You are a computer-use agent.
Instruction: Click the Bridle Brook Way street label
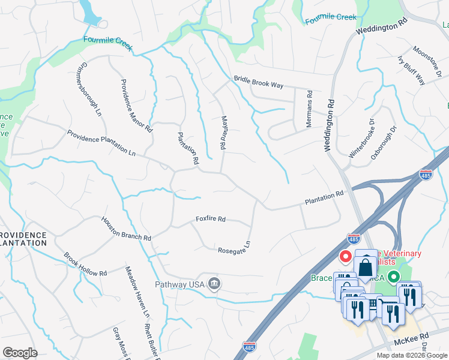258,82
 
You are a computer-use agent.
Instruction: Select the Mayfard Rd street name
223,132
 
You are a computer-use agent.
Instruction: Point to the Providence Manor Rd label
136,106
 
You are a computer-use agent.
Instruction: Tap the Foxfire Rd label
210,220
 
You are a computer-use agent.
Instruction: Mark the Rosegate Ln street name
234,248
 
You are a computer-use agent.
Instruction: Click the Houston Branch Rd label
125,229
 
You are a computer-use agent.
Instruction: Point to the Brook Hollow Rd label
85,264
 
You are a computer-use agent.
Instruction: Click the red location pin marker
346,257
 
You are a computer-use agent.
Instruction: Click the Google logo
20,353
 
